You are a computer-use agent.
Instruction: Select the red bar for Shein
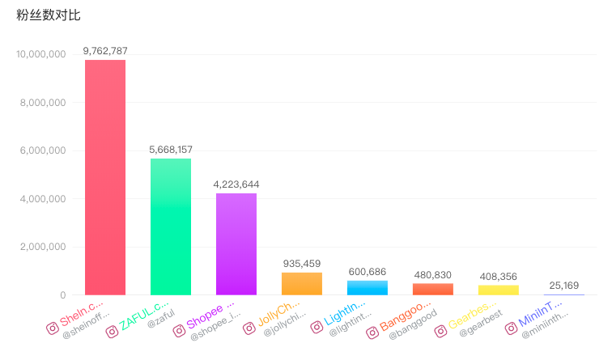105,178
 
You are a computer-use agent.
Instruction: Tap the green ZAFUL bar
171,227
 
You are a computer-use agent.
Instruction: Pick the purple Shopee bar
236,244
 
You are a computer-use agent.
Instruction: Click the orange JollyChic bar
302,284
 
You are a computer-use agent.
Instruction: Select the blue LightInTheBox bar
368,288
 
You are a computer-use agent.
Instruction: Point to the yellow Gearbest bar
499,290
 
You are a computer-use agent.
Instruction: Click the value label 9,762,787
105,51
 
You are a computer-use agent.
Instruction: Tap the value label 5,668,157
171,150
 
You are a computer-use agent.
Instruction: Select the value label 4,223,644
236,184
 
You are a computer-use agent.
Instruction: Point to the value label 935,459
302,264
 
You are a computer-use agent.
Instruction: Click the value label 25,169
564,286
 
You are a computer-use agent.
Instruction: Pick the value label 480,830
433,274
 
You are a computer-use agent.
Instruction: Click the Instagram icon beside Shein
53,328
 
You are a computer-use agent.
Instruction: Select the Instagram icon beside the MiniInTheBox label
512,328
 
